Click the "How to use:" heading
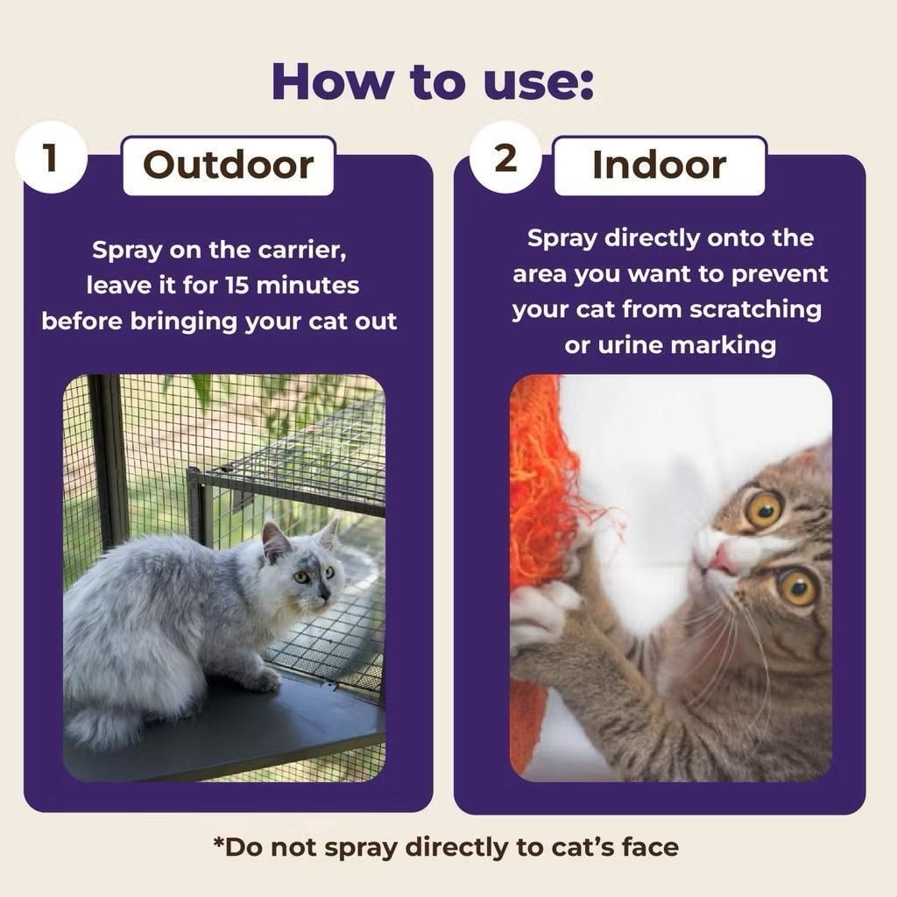433,81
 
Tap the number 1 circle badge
51,158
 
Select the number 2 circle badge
505,158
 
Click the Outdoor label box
229,166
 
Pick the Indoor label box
659,166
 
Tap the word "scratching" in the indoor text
755,310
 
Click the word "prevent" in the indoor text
780,274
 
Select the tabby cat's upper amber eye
764,509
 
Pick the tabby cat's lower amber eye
797,588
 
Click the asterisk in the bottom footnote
218,842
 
